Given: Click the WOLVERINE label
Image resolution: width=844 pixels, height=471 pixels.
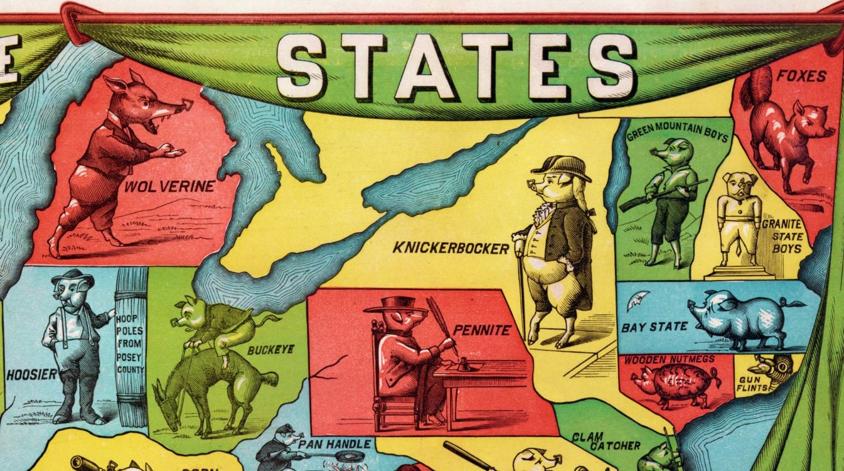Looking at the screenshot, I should point(169,187).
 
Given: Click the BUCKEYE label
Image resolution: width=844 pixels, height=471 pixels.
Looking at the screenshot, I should point(270,350).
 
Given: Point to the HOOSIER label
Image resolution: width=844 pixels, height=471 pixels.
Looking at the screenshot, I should point(31,376).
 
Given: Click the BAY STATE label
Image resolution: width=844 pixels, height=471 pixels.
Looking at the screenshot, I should point(654,327).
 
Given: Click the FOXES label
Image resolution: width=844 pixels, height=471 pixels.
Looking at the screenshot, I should point(801,76).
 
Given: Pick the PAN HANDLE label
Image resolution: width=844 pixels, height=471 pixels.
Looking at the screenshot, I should point(334,444).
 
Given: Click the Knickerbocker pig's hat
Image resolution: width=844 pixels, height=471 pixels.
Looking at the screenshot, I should point(562,166).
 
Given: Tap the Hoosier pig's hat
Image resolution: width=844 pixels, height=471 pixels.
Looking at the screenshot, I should point(72,276).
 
